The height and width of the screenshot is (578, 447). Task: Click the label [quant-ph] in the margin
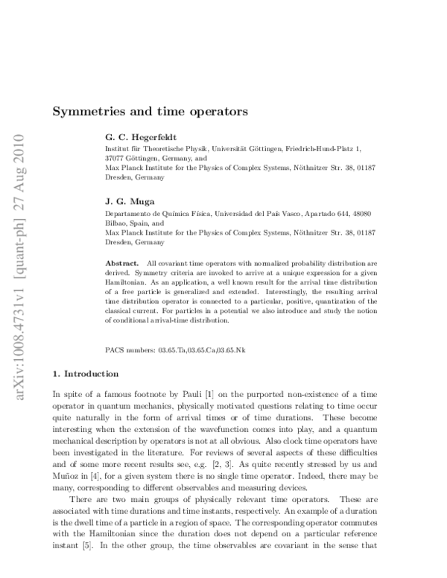(16, 248)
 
